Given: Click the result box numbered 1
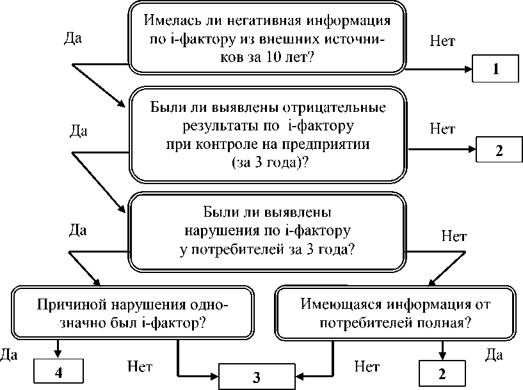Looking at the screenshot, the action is click(x=495, y=68).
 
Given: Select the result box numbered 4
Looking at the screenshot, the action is click(x=58, y=371).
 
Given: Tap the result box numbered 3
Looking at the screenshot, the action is click(x=257, y=377).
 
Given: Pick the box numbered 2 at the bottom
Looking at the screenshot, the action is click(x=442, y=373).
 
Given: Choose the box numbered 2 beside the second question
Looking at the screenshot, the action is click(x=499, y=150).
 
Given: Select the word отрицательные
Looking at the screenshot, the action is click(x=334, y=108).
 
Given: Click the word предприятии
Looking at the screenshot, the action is click(x=326, y=145).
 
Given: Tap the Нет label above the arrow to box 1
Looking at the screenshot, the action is click(x=442, y=41).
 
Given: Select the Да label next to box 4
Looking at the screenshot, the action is click(x=9, y=355).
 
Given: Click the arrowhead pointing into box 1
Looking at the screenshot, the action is click(x=469, y=69).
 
